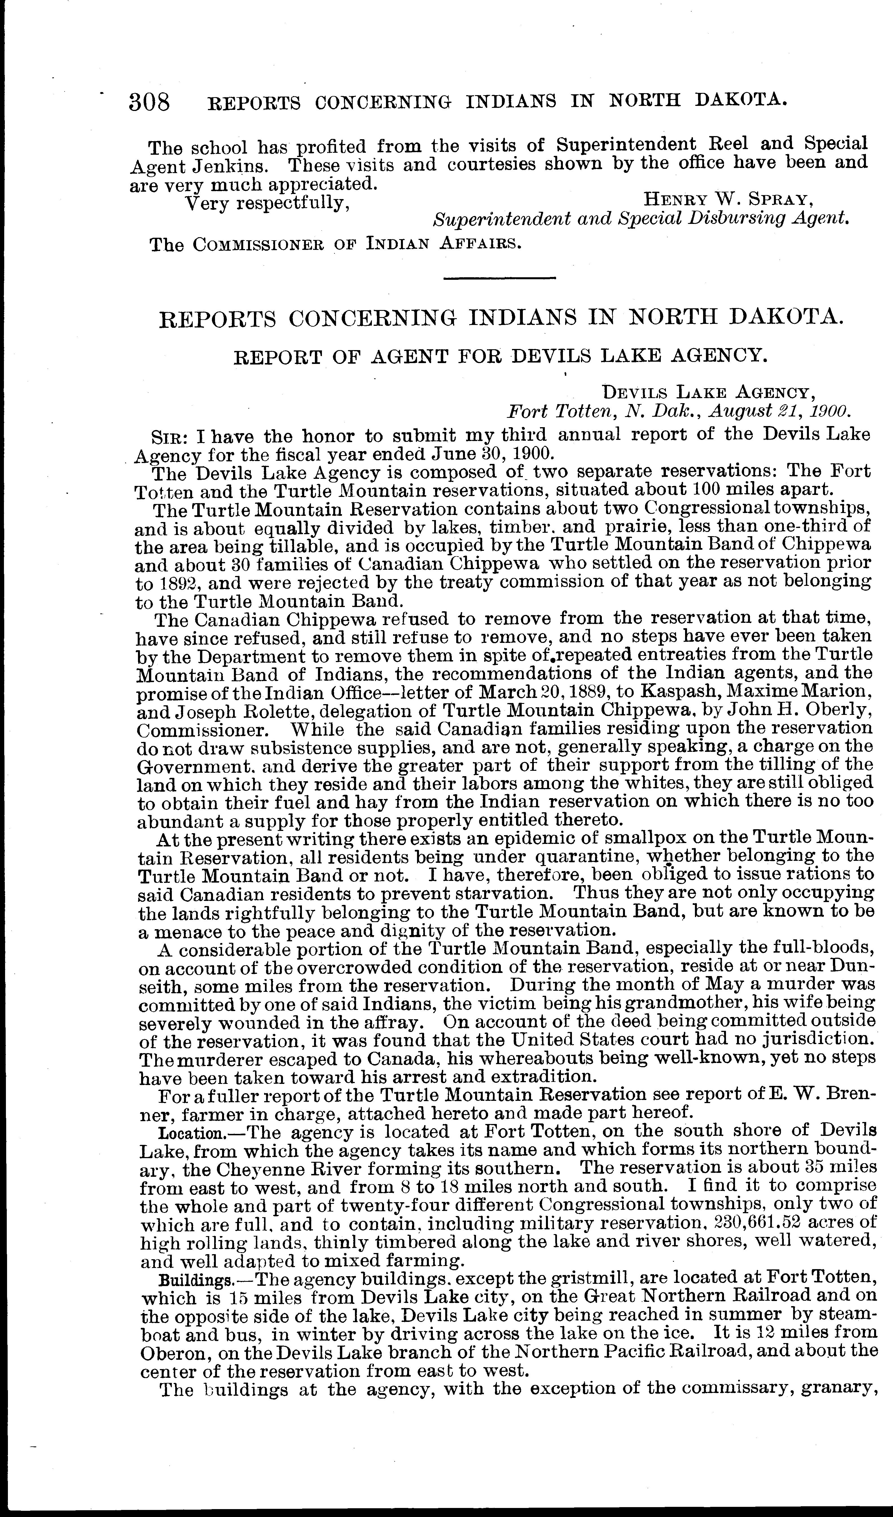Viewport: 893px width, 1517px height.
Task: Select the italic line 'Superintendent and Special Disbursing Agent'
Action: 641,219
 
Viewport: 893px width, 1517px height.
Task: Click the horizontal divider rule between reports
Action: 499,278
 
